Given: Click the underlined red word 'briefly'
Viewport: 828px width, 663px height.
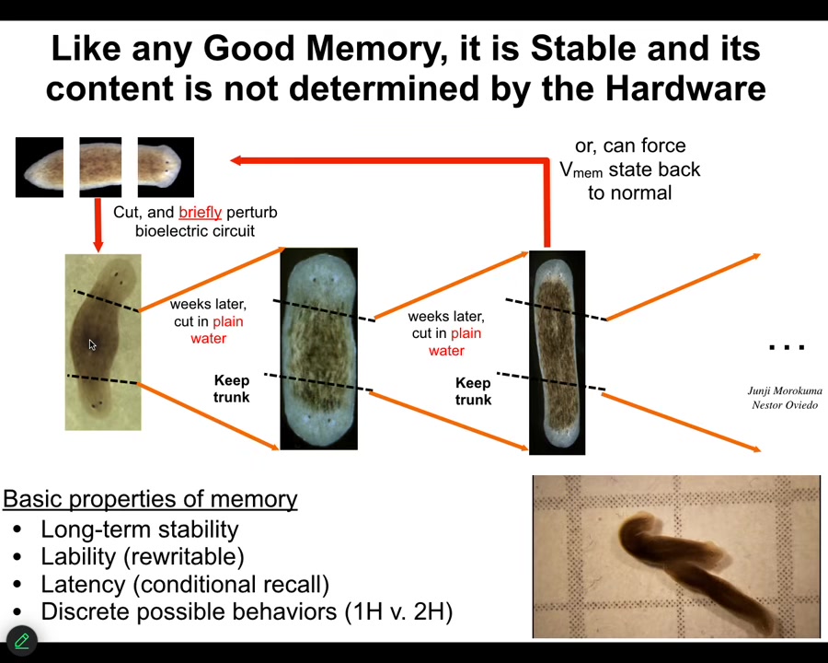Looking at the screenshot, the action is coord(201,212).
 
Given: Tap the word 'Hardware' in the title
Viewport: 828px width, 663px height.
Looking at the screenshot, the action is coord(685,87).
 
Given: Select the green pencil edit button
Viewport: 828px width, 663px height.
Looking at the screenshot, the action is coord(22,641).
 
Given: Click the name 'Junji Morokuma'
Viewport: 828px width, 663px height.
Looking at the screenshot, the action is coord(785,390).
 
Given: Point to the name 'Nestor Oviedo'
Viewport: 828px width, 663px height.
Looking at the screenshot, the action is coord(785,405).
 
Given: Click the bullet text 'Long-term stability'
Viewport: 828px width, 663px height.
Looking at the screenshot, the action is coord(140,529).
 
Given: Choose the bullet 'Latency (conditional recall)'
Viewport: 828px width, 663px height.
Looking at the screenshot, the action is coord(185,584).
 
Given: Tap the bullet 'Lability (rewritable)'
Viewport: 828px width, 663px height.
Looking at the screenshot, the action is coord(143,557).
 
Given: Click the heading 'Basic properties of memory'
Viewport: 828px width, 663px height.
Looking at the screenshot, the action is coord(151,499).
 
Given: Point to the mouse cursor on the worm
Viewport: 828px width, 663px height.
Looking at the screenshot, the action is coord(92,344).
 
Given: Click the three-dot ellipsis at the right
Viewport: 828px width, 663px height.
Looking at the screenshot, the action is coord(787,347).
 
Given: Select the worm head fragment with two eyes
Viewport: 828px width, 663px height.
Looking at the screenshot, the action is coord(166,167).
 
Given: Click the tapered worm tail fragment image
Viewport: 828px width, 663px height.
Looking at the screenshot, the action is coord(40,167).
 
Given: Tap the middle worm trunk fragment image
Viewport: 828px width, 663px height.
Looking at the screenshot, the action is coord(100,167).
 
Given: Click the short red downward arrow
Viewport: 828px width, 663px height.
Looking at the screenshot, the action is coord(98,225).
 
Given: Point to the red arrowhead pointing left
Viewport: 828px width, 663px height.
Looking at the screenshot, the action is coord(236,160).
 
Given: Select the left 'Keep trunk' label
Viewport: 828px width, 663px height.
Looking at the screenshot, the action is coord(231,389).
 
